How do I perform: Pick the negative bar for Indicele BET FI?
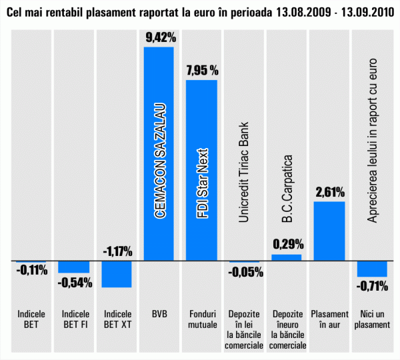click(73, 266)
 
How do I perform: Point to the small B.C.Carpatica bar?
click(287, 257)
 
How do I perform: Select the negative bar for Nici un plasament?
click(372, 268)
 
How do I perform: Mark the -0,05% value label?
click(245, 271)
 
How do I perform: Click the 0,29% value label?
click(288, 244)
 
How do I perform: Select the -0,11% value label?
click(32, 271)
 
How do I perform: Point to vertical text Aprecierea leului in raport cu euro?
click(372, 141)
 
